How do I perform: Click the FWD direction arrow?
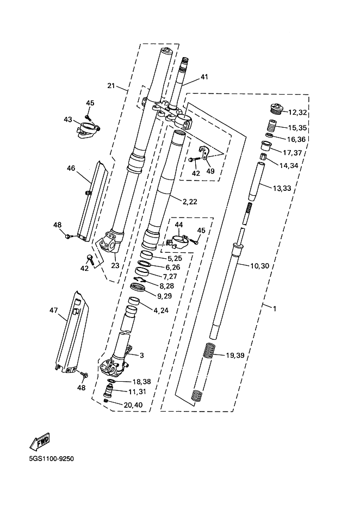[x=39, y=441]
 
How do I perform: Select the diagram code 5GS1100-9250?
[x=51, y=459]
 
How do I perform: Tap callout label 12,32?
[x=297, y=113]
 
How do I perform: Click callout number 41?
[x=204, y=77]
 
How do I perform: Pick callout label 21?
[x=111, y=85]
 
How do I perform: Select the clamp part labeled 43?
[x=88, y=130]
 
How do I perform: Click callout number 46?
[x=71, y=168]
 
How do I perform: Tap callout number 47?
[x=53, y=310]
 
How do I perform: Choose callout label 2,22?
[x=190, y=202]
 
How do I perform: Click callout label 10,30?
[x=259, y=266]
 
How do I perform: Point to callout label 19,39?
[x=235, y=355]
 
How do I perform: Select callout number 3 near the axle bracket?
[x=142, y=355]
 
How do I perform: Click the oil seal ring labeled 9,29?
[x=139, y=288]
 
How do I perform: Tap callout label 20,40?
[x=133, y=405]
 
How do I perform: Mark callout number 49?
[x=210, y=171]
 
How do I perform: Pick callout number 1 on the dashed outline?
[x=275, y=308]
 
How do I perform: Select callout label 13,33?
[x=282, y=188]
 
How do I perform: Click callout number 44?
[x=179, y=225]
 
